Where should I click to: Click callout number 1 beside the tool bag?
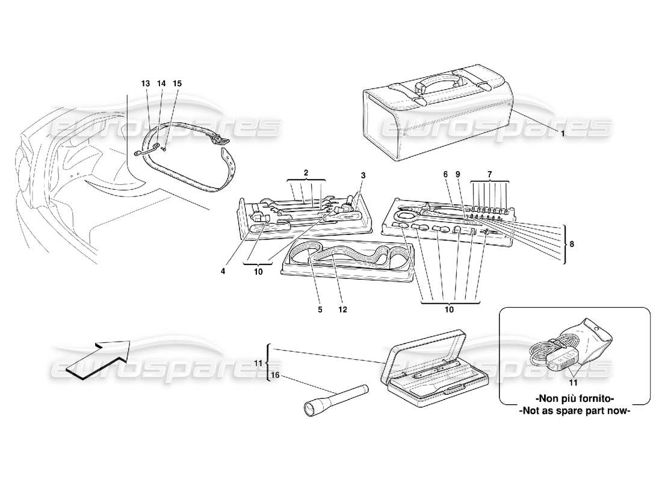563,134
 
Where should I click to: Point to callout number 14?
161,83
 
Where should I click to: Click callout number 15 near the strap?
177,83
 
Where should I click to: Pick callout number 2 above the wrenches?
306,173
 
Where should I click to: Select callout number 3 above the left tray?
363,175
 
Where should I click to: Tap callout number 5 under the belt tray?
320,310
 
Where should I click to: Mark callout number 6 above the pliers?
446,174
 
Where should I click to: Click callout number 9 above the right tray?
458,174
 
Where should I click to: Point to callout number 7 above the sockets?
489,173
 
